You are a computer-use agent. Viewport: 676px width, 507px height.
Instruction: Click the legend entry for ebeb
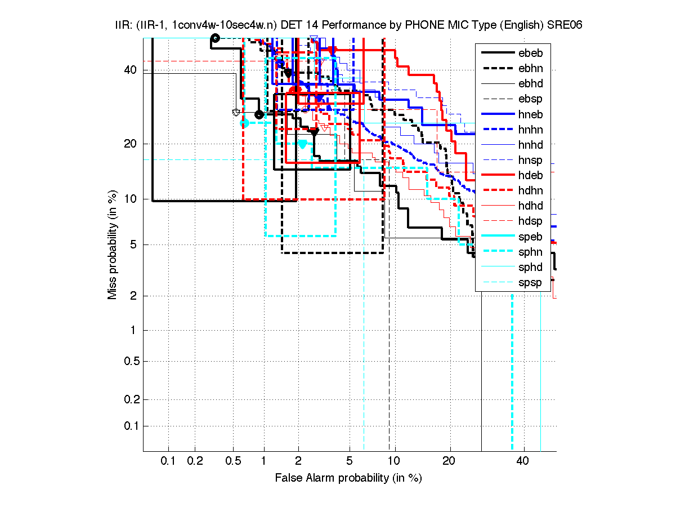point(530,53)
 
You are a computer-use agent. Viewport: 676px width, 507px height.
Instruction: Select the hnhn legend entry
point(530,130)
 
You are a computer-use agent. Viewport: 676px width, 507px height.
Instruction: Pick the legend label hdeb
point(530,175)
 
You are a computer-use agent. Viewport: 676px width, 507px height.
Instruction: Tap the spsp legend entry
point(530,282)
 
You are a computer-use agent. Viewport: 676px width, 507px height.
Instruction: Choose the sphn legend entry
point(530,252)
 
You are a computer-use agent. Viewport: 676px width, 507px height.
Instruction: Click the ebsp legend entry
point(530,99)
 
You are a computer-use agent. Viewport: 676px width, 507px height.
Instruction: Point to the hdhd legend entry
point(530,206)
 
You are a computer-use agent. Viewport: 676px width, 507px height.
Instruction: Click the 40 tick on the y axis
point(129,70)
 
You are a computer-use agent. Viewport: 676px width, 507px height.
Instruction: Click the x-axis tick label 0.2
point(195,461)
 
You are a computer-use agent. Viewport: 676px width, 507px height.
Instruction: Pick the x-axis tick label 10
point(395,461)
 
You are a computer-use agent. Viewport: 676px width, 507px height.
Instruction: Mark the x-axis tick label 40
point(523,461)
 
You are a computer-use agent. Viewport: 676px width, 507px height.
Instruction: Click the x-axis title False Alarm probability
point(348,478)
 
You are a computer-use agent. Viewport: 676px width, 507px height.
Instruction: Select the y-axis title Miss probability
point(113,244)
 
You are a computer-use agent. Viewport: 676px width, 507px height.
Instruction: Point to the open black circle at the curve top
point(214,38)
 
